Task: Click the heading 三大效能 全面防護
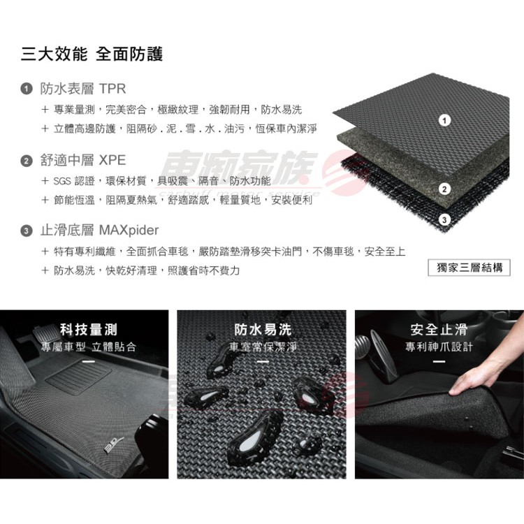tap(92, 54)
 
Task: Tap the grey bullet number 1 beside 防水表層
tap(27, 89)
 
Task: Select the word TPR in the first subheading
tap(112, 89)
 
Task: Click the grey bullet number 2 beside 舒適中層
tap(27, 161)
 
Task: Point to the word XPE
tap(112, 161)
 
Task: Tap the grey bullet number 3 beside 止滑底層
tap(27, 231)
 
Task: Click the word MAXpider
tap(129, 231)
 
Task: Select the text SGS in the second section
tap(62, 181)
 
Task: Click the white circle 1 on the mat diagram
tap(444, 120)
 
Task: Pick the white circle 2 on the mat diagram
tap(444, 189)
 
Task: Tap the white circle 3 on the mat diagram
tap(444, 220)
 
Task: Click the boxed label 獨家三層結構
tap(470, 268)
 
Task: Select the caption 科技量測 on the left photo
tap(89, 330)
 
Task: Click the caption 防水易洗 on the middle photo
tap(263, 330)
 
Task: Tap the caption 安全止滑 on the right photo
tap(439, 330)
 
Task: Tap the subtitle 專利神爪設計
tap(439, 347)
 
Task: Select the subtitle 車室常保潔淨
tap(263, 347)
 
